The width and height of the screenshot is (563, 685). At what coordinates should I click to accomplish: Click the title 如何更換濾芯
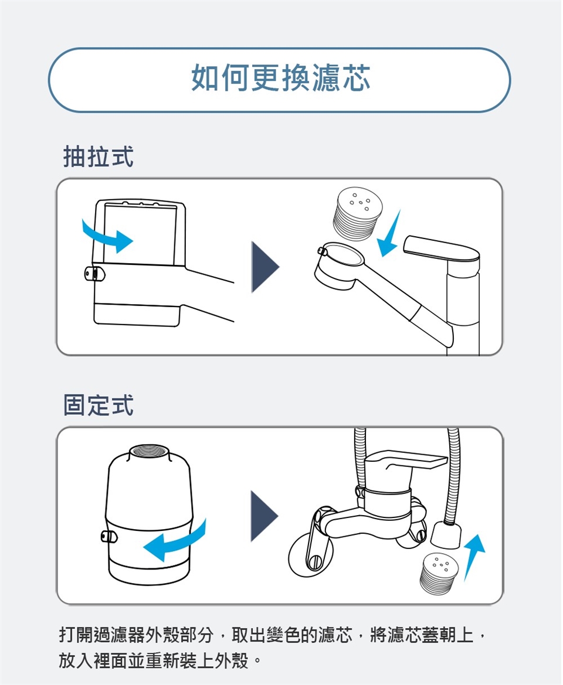point(281,78)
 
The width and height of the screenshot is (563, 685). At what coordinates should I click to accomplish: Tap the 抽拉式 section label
point(98,156)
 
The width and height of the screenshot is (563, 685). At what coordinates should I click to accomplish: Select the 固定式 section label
point(98,404)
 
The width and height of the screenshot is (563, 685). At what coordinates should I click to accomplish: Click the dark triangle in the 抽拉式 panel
point(264,267)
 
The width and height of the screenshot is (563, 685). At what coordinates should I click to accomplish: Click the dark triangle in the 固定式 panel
point(264,516)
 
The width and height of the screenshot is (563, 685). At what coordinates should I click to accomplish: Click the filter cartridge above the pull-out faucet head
point(358,213)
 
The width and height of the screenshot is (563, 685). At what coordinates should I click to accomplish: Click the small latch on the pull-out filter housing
point(94,274)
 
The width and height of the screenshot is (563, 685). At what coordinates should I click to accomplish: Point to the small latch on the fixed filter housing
point(109,536)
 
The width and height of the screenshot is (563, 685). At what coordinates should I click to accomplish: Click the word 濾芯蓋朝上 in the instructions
point(422,635)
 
